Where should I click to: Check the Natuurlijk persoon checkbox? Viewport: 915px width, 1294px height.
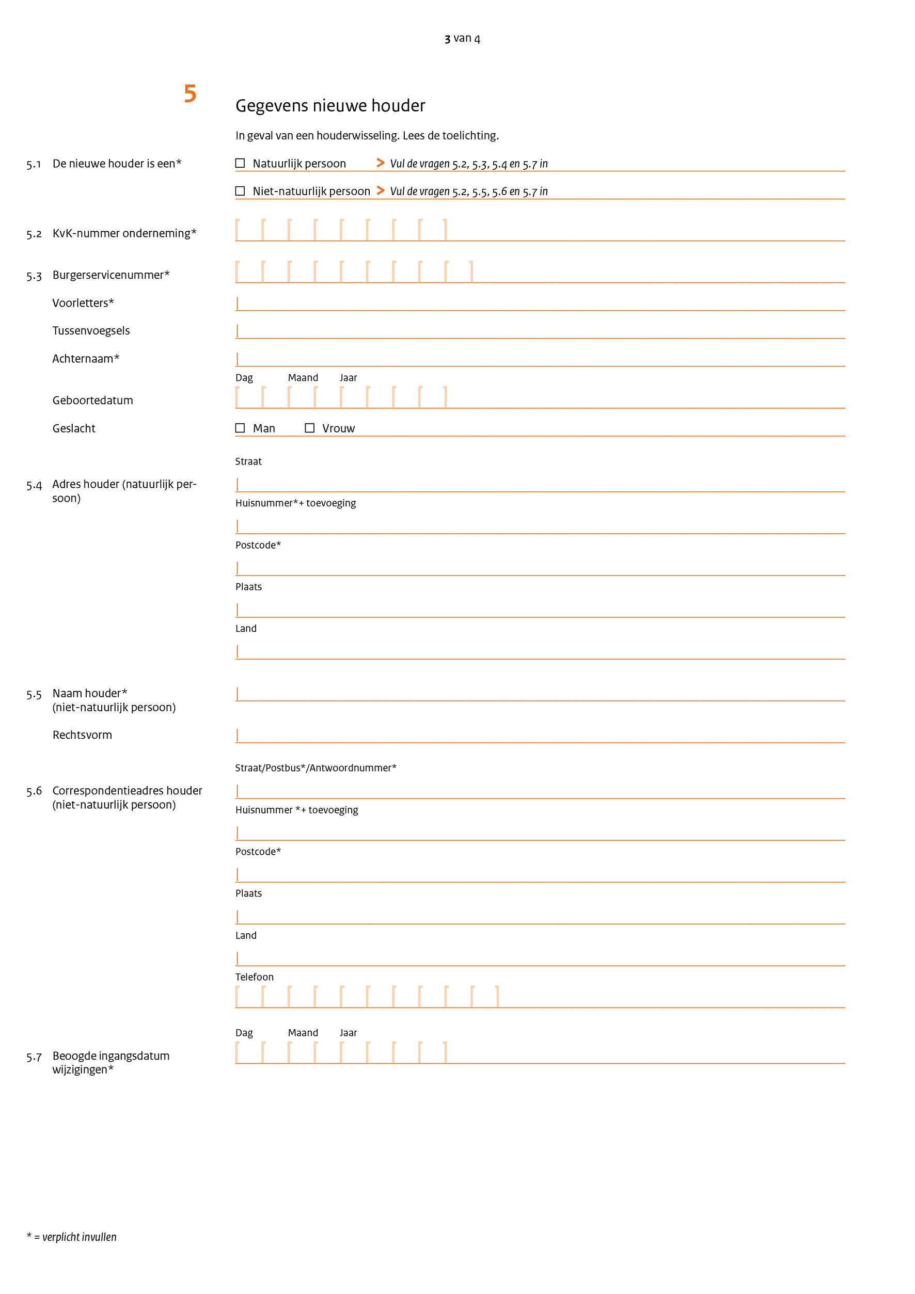(240, 164)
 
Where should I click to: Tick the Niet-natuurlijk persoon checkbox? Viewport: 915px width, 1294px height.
(240, 191)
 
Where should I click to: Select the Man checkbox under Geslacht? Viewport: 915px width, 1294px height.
(240, 428)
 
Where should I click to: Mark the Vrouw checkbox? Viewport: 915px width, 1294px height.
(309, 428)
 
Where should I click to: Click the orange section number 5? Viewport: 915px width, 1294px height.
(190, 93)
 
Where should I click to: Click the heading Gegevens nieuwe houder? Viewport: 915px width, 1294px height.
(330, 106)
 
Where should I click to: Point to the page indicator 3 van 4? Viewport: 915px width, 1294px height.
(462, 38)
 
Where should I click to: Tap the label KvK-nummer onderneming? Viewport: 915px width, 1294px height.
(124, 233)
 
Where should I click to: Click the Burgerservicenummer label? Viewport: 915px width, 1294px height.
(111, 275)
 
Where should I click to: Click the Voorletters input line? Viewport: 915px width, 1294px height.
(540, 305)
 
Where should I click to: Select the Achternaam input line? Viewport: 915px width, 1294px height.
(540, 360)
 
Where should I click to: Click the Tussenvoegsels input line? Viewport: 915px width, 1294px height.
(540, 332)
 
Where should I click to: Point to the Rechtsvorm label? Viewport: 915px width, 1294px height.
(82, 735)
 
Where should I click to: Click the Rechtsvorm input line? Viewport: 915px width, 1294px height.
(540, 736)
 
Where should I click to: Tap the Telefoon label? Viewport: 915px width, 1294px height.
(254, 977)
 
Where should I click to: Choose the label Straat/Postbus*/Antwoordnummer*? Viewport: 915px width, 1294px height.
(315, 768)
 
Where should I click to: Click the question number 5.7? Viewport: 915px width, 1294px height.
(34, 1057)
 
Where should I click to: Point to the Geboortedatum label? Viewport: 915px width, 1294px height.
(92, 401)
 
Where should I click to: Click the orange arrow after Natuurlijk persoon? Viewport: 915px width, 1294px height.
(381, 164)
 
